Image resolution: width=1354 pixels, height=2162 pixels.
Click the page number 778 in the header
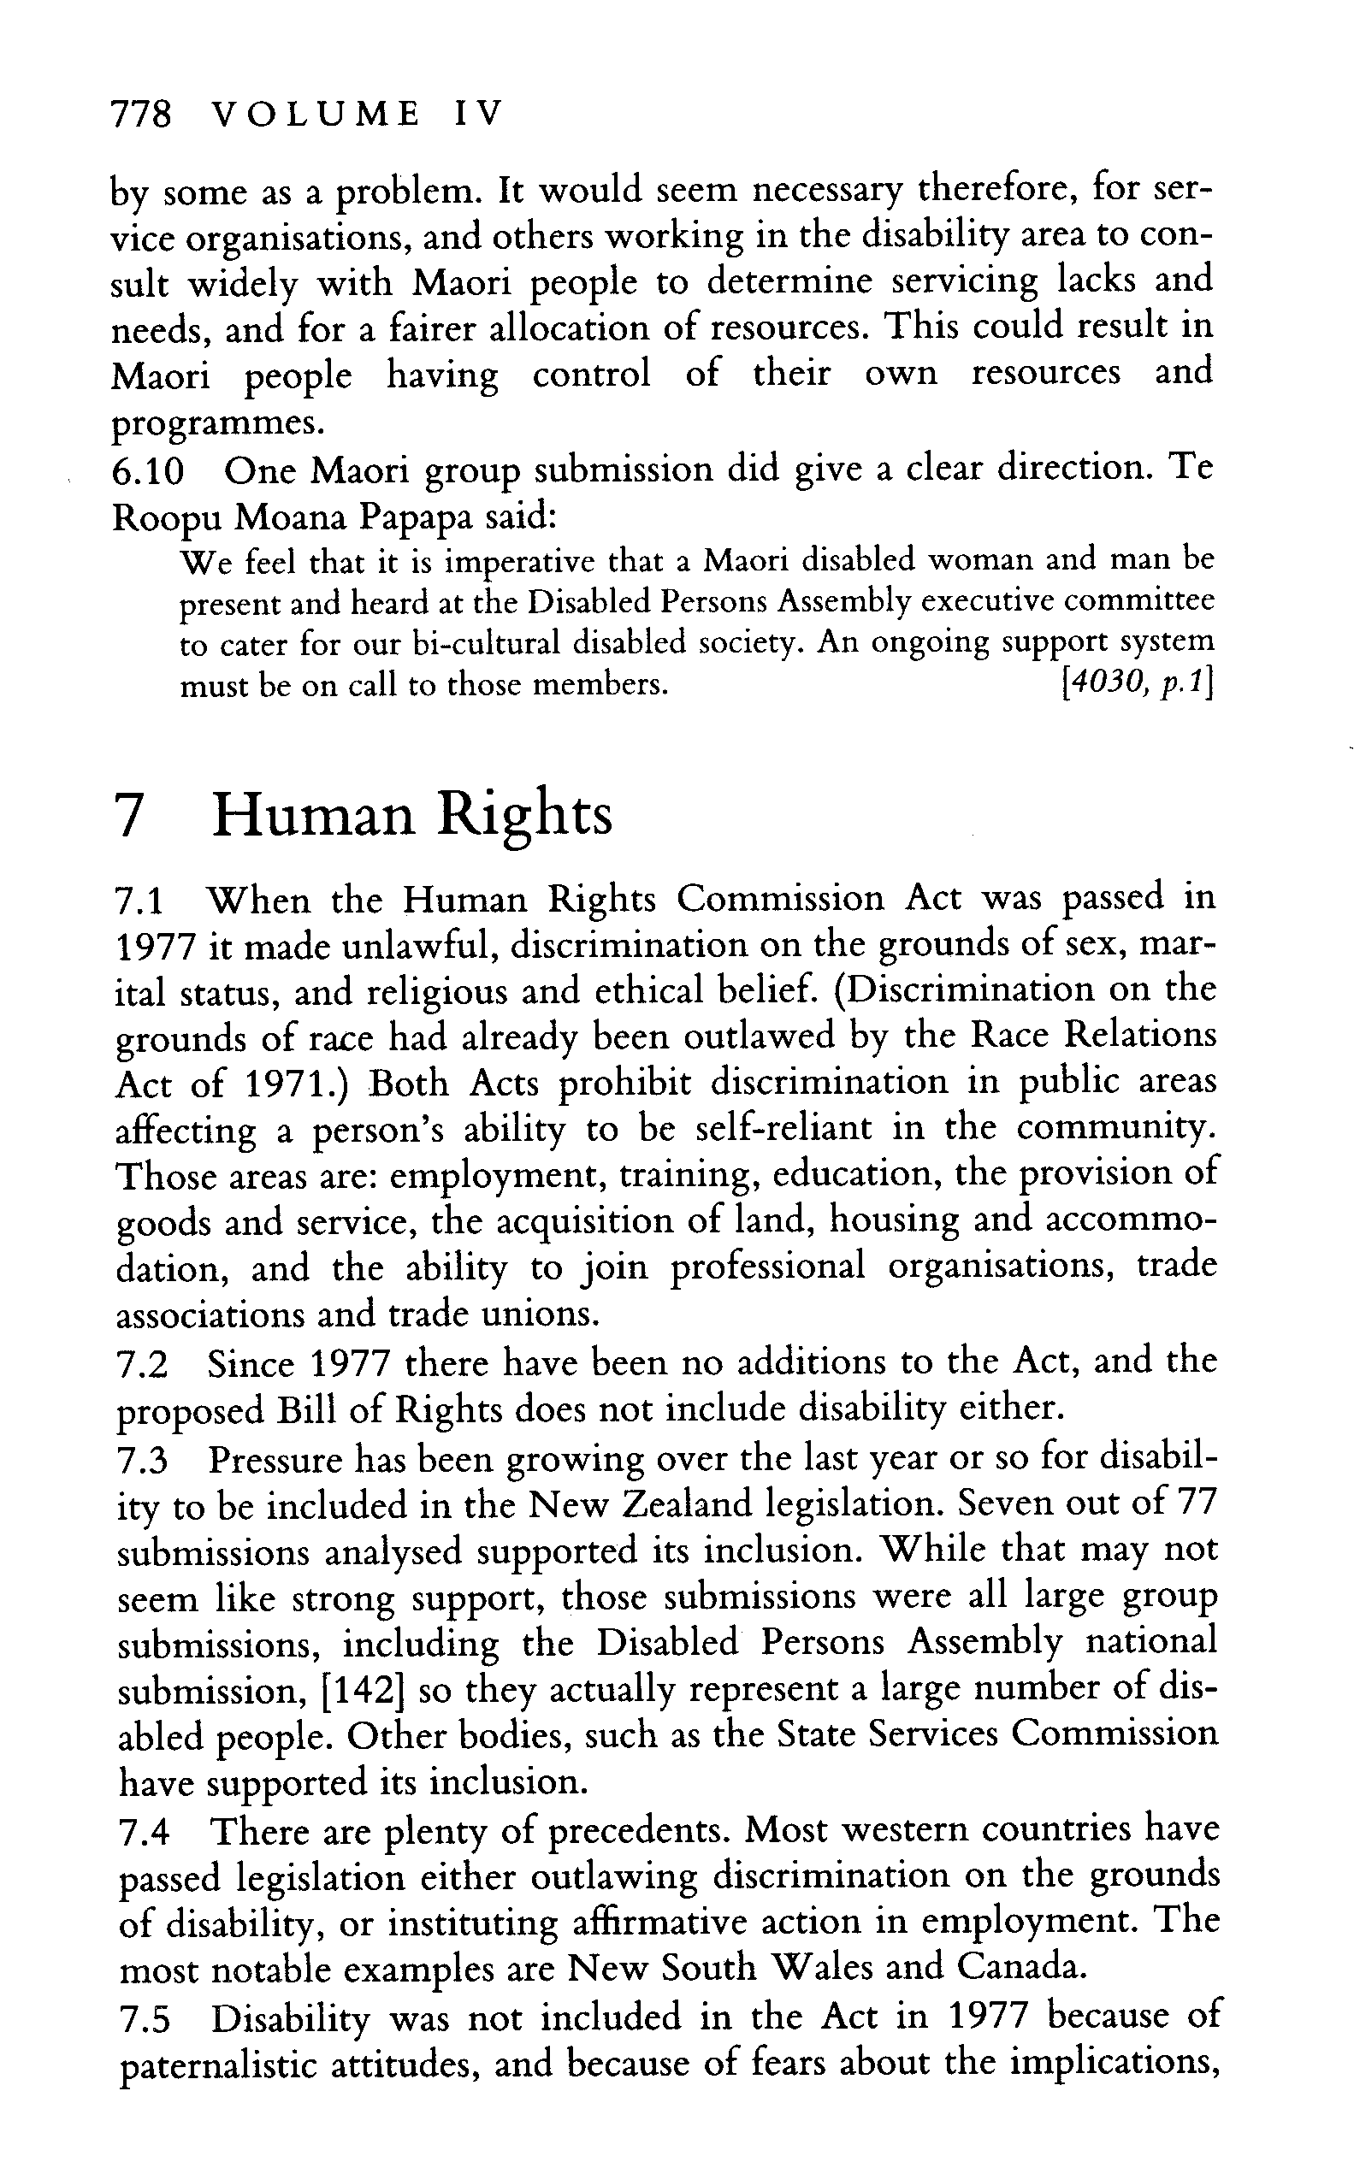point(139,115)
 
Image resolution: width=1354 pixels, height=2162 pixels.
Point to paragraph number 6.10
point(148,471)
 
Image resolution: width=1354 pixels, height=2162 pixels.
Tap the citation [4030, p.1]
point(1134,684)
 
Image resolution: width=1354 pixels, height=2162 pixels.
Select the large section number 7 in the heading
point(131,816)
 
